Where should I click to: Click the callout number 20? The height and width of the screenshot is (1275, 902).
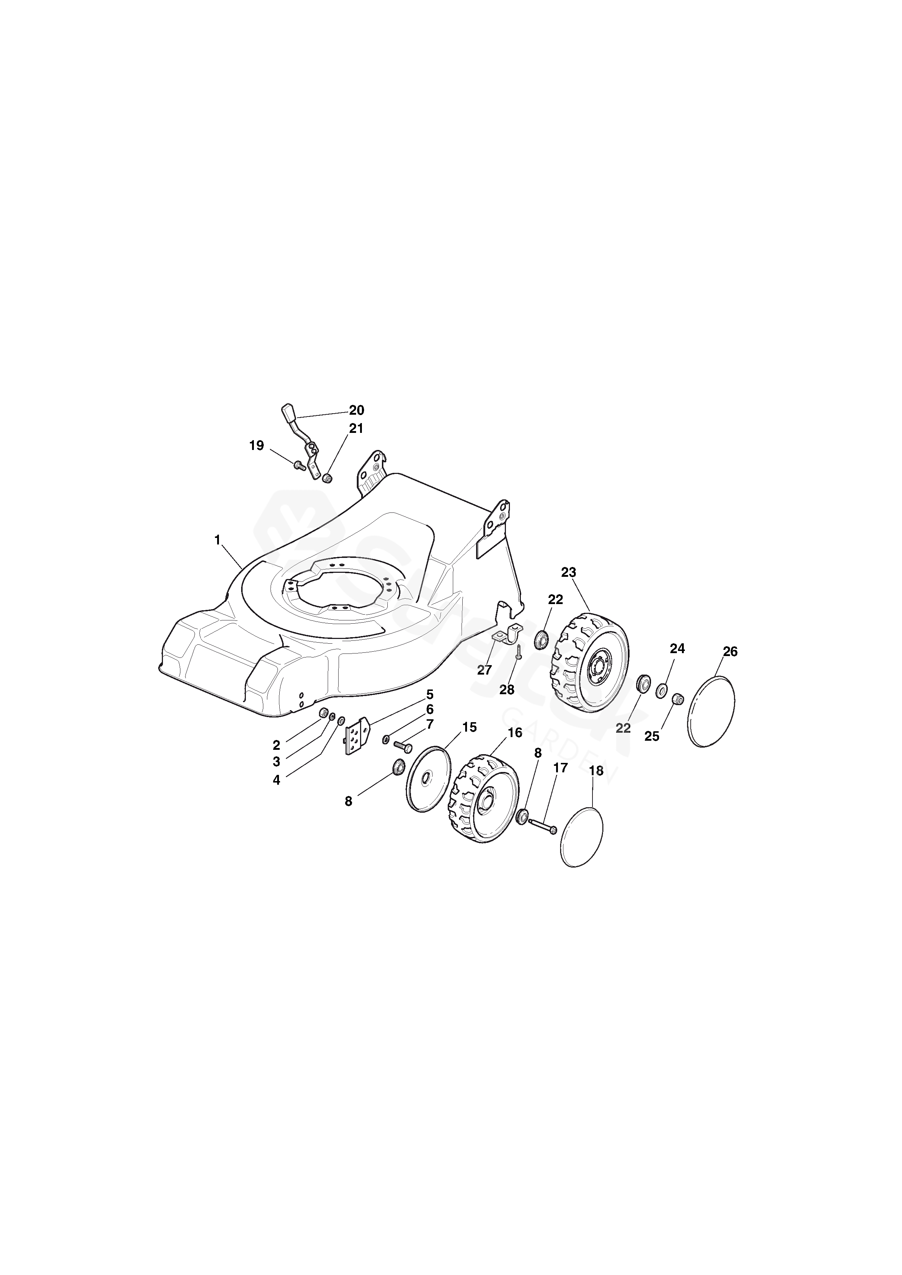tap(356, 410)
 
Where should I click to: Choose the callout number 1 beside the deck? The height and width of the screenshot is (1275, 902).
tap(217, 539)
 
